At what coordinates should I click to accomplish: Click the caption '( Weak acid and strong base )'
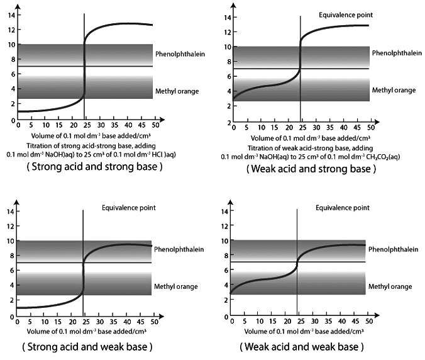[x=303, y=169]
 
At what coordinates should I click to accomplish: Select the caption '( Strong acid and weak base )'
[x=87, y=346]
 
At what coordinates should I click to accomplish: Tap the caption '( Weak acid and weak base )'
[x=302, y=346]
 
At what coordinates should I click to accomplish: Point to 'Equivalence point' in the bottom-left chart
[x=129, y=207]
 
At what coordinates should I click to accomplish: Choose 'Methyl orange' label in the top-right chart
[x=394, y=90]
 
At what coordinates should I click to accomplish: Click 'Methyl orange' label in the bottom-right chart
[x=390, y=286]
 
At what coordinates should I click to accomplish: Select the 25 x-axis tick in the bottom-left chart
[x=84, y=321]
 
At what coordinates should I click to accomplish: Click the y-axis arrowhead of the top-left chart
[x=18, y=6]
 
